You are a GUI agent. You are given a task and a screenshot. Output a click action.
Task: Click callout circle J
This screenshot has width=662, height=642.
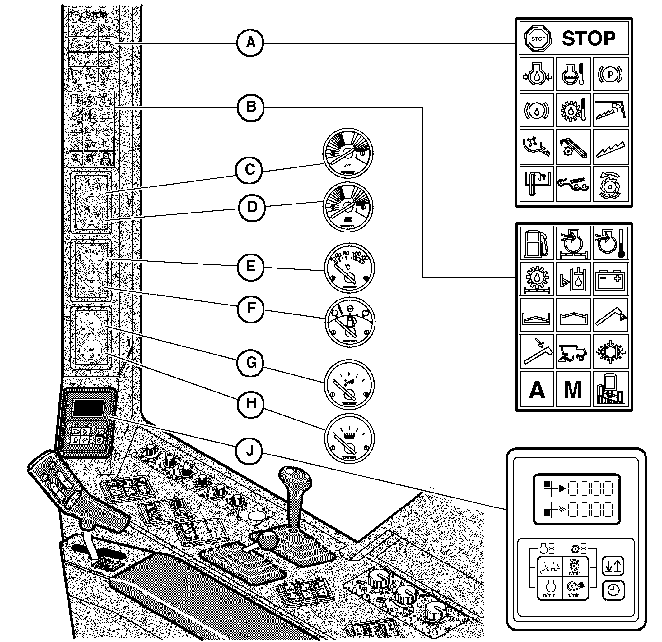249,451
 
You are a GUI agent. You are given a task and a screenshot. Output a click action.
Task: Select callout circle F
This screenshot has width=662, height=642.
251,308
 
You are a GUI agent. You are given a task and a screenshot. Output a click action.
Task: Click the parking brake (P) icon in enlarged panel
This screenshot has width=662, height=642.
610,74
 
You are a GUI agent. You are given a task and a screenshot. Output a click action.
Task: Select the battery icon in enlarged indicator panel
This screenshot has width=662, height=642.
610,280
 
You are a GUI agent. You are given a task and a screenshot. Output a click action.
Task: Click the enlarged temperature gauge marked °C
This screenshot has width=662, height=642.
349,268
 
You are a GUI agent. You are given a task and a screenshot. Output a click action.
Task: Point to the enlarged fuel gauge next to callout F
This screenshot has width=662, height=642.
350,322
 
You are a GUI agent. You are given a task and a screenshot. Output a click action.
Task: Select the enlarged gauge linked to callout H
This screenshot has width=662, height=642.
349,438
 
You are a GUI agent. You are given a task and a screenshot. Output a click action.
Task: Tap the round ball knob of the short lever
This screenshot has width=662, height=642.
268,540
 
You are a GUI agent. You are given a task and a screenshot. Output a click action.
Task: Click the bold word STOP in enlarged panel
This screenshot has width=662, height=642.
589,39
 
